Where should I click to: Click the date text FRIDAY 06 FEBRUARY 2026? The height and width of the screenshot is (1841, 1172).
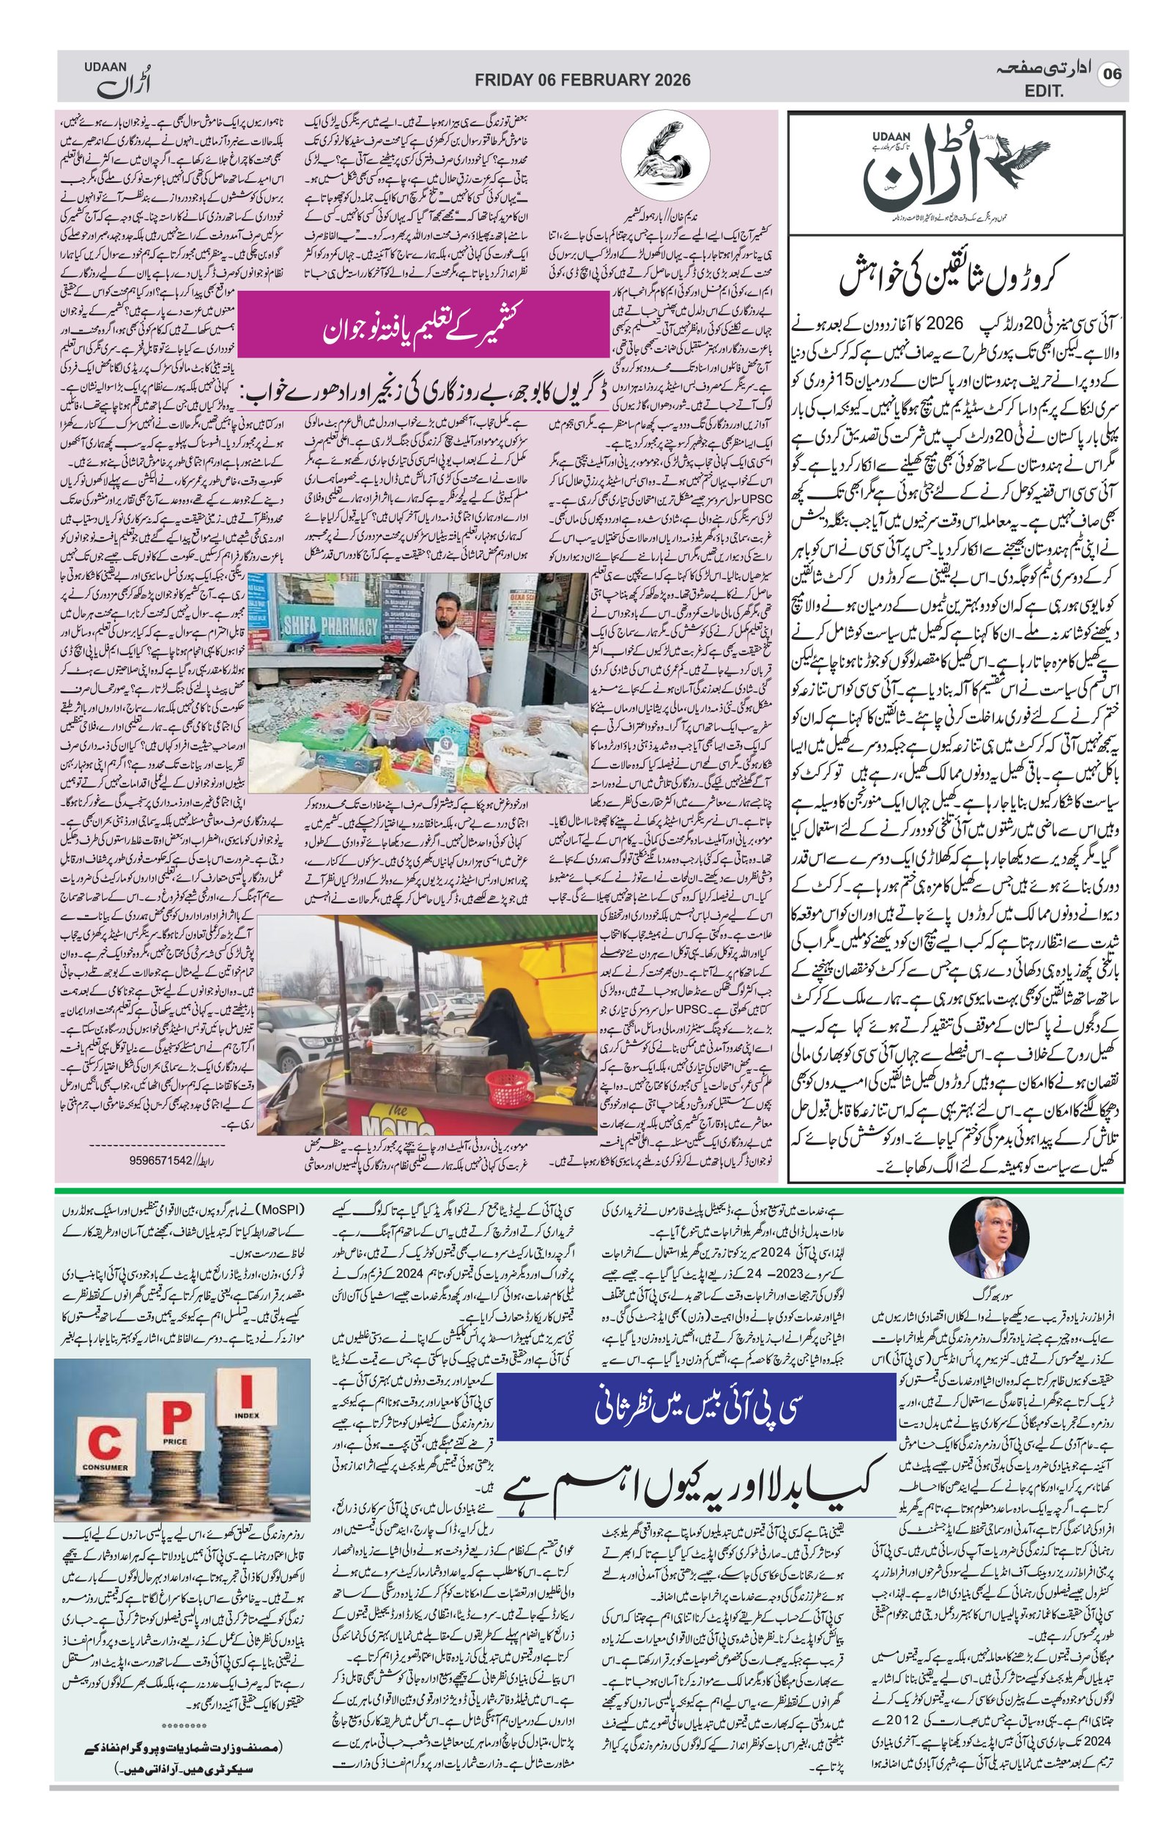[582, 80]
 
